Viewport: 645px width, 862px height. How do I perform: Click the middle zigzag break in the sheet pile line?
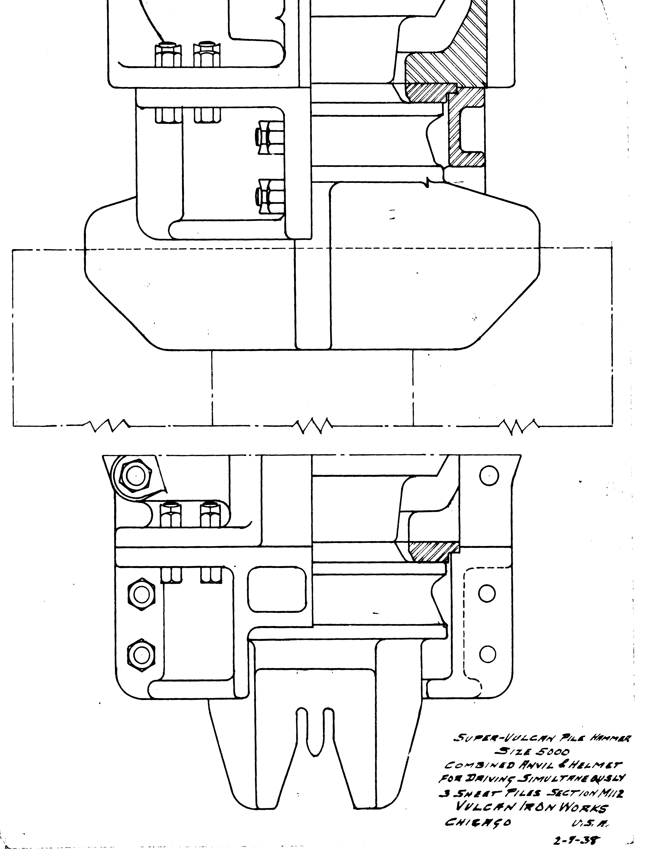(x=312, y=426)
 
